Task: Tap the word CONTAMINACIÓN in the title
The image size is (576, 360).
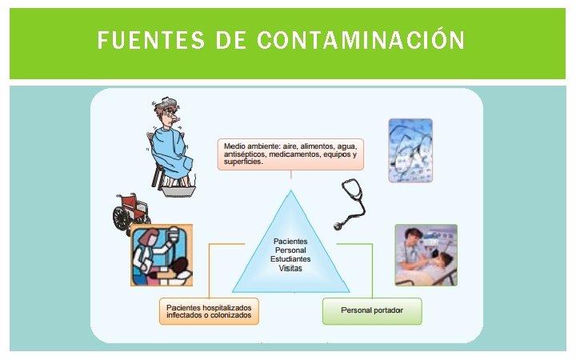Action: pyautogui.click(x=362, y=40)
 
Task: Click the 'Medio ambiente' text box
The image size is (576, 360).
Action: pyautogui.click(x=290, y=154)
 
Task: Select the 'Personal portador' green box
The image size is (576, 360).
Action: pyautogui.click(x=371, y=310)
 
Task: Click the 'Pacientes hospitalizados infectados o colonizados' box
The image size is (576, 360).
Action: pyautogui.click(x=209, y=310)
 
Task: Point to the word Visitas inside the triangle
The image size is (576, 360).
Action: pyautogui.click(x=290, y=269)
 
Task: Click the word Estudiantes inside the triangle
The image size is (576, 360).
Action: pyautogui.click(x=290, y=259)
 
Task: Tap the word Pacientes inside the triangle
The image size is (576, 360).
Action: pyautogui.click(x=290, y=241)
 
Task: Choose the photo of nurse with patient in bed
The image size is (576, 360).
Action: pyautogui.click(x=426, y=255)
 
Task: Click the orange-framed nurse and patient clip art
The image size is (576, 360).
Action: pyautogui.click(x=162, y=255)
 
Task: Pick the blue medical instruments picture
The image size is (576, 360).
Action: pyautogui.click(x=410, y=150)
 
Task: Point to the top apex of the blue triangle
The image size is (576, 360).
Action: pyautogui.click(x=290, y=191)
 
